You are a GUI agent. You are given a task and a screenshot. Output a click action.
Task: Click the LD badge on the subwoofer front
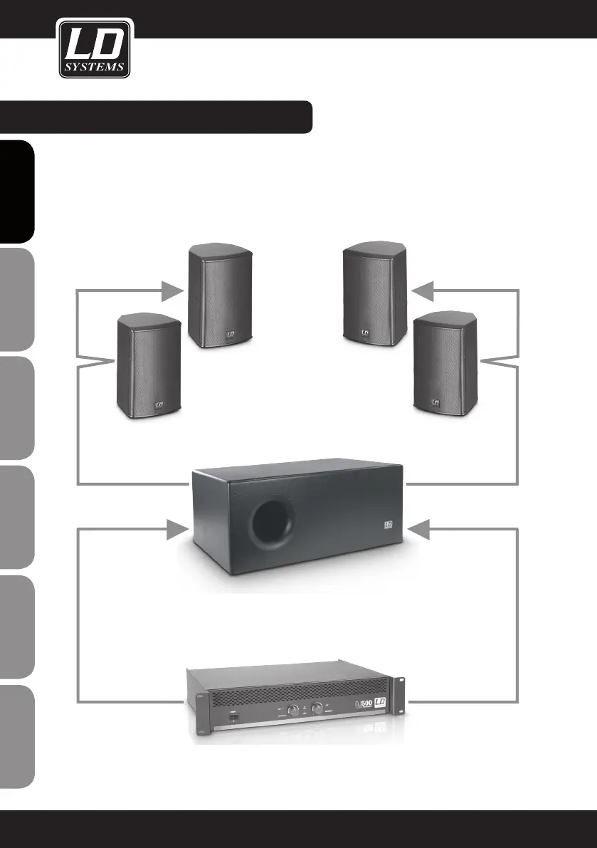pos(389,527)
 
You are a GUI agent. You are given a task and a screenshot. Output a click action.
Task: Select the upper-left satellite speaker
pos(219,295)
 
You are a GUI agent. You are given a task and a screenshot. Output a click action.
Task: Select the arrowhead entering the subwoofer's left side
pos(175,529)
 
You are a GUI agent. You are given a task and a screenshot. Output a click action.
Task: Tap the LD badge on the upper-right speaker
pos(365,331)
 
